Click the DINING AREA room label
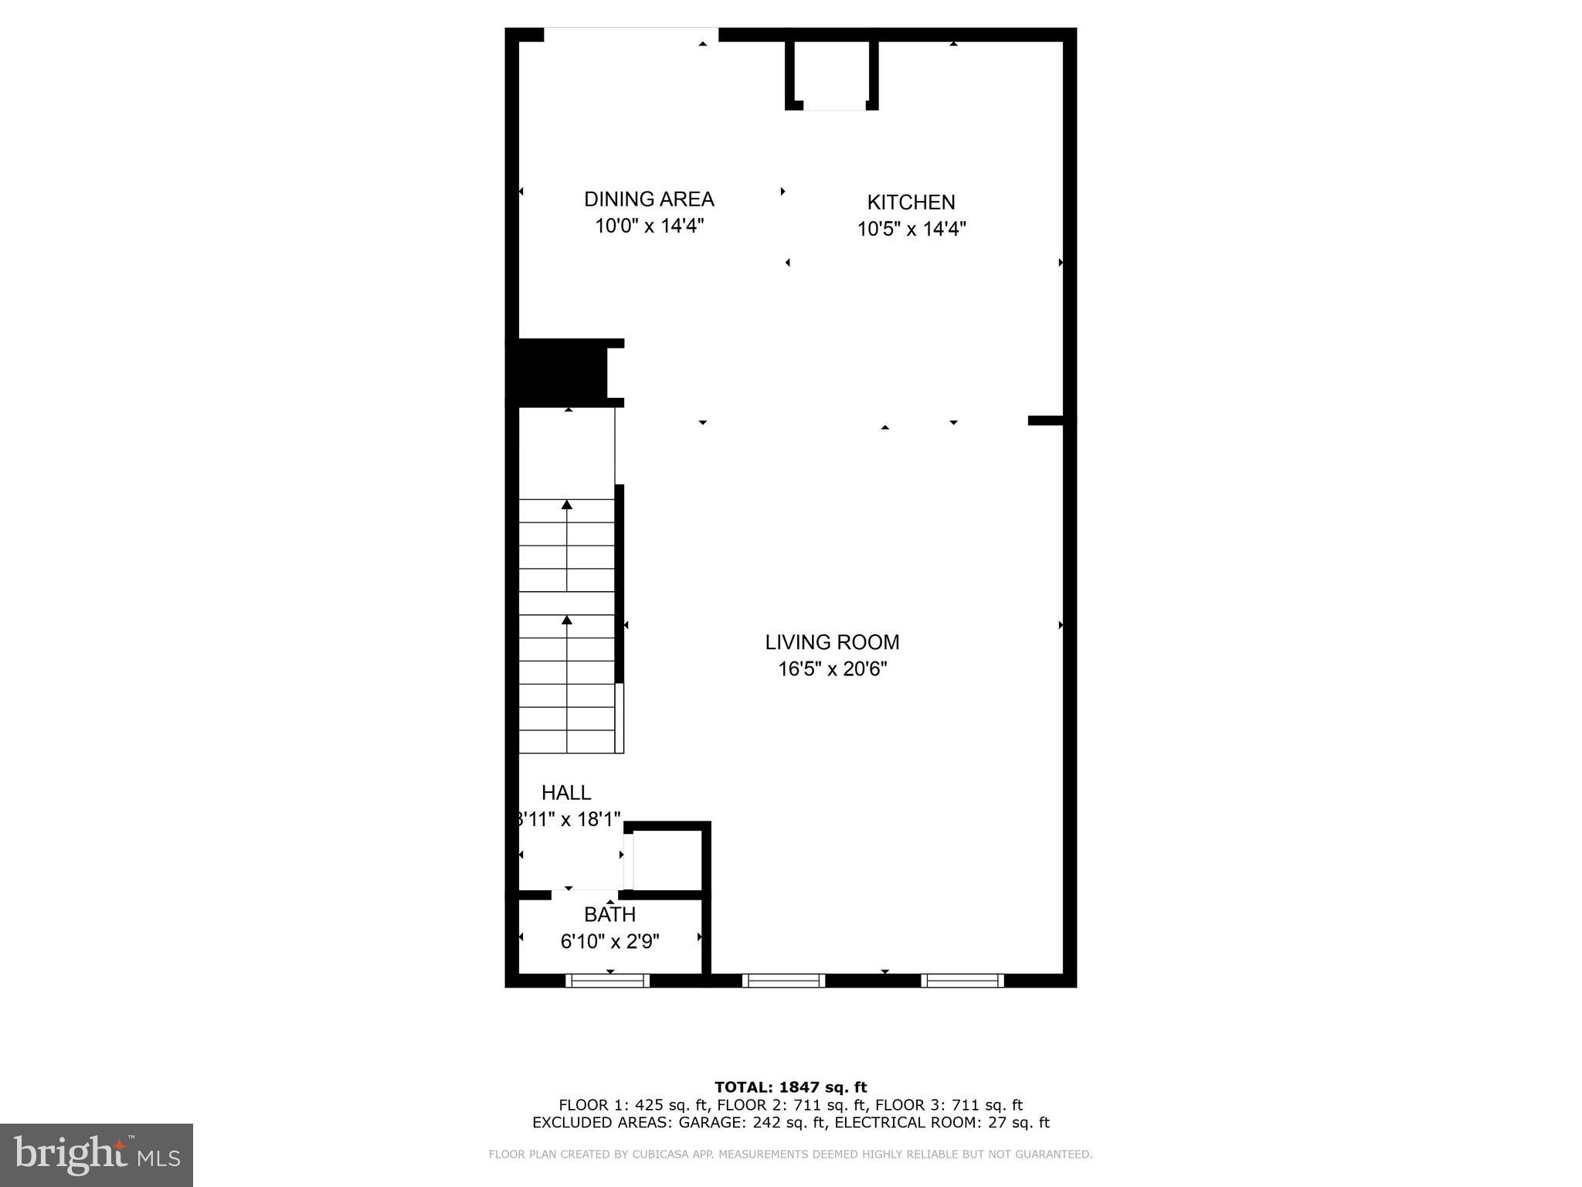click(x=649, y=199)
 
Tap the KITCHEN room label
click(x=911, y=202)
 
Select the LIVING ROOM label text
click(x=832, y=642)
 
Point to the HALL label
click(x=566, y=793)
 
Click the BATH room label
click(x=609, y=915)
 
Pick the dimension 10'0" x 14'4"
click(x=649, y=226)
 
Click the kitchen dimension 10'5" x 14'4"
click(x=912, y=230)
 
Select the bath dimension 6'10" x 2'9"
click(x=609, y=942)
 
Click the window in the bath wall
click(x=607, y=981)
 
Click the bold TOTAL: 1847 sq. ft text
click(x=790, y=1088)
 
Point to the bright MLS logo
click(x=97, y=1155)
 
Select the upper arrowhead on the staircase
click(x=567, y=505)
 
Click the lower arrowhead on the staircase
click(x=567, y=620)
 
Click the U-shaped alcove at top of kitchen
click(x=833, y=73)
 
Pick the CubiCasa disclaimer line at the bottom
click(x=790, y=1155)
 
